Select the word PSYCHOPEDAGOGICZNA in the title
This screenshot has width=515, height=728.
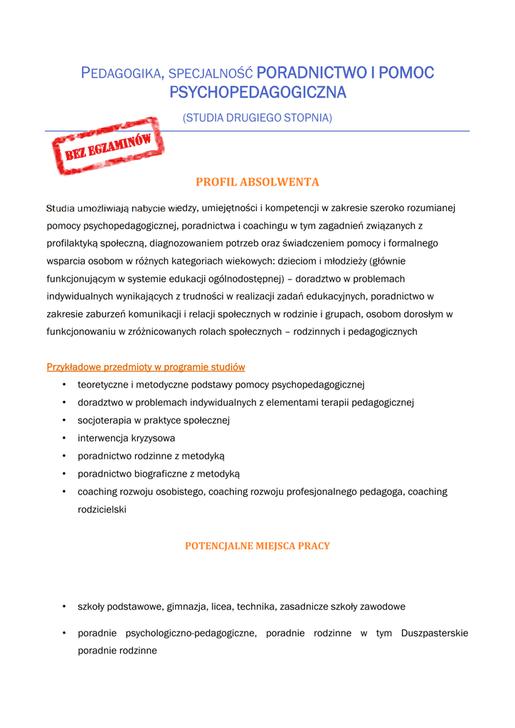tap(257, 92)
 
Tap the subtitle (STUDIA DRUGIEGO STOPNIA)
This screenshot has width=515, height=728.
tap(257, 117)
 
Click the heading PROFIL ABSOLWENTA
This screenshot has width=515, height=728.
tap(257, 182)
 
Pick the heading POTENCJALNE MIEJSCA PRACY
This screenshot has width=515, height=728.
tap(257, 546)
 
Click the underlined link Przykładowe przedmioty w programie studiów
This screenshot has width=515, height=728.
tap(146, 367)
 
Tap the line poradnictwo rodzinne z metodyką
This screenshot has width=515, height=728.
tap(151, 456)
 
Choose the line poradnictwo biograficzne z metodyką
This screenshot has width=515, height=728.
tap(159, 473)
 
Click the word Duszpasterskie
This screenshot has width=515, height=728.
tap(435, 633)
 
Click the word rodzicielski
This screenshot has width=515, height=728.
tap(102, 509)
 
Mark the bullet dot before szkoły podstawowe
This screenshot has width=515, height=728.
tap(64, 606)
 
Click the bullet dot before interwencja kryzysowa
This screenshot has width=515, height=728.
tap(64, 438)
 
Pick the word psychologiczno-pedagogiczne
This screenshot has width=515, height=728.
tap(191, 633)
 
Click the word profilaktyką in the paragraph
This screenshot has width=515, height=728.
tap(73, 243)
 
